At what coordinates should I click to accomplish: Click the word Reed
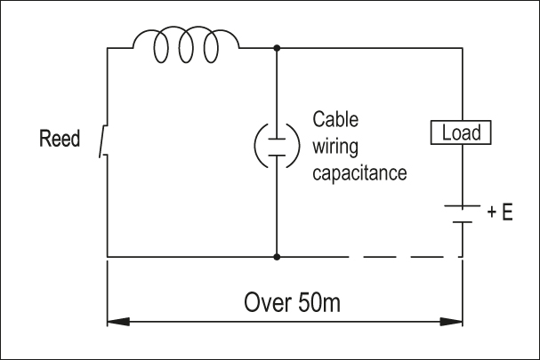click(x=60, y=139)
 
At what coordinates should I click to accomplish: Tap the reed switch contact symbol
click(x=105, y=141)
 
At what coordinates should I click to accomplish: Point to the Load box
click(x=461, y=133)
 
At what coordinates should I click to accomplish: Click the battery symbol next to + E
click(x=462, y=212)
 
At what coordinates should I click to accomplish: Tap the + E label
click(x=500, y=213)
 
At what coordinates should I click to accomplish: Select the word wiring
click(x=334, y=145)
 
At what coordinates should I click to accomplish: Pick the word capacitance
click(x=359, y=172)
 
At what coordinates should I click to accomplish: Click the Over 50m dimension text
click(x=292, y=301)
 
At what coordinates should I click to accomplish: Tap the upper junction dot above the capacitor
click(x=278, y=47)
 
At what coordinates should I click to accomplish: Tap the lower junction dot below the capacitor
click(x=278, y=257)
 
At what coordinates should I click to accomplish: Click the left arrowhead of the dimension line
click(x=116, y=319)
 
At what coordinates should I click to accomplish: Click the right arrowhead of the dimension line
click(x=454, y=319)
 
